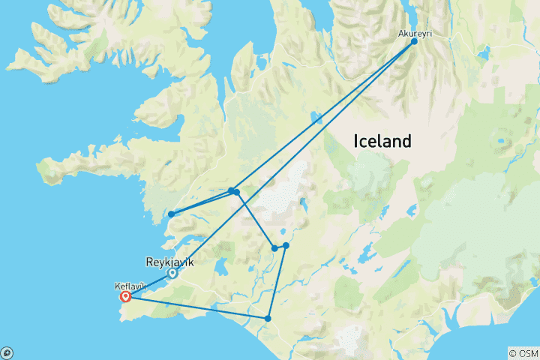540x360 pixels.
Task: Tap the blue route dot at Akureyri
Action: (x=414, y=42)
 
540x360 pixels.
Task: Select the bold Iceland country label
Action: (x=382, y=141)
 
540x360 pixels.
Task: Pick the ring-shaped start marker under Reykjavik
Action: (x=172, y=273)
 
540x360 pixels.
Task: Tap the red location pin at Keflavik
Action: (x=125, y=296)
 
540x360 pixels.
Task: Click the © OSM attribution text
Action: (x=523, y=353)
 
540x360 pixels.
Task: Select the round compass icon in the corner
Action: (x=6, y=352)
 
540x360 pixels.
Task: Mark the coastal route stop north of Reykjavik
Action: (x=172, y=214)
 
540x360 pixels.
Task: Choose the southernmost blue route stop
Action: (x=268, y=319)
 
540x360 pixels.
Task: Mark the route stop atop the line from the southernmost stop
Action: (x=286, y=245)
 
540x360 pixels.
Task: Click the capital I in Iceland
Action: (x=355, y=141)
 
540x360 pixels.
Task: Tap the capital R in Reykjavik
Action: (x=147, y=262)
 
